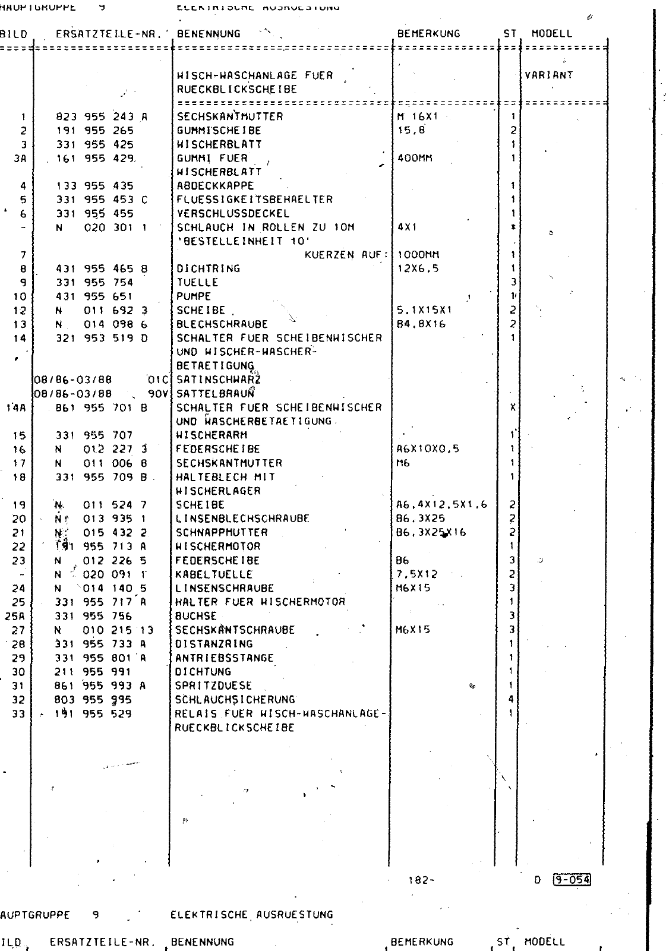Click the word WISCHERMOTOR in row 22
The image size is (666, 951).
tap(217, 546)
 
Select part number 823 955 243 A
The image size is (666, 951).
tap(101, 117)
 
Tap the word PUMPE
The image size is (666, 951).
tap(194, 296)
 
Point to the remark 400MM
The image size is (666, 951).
tap(415, 159)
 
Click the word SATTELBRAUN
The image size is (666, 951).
tap(216, 393)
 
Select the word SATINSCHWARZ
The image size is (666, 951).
tap(219, 380)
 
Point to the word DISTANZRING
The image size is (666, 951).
tap(214, 644)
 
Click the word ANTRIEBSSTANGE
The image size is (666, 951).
tap(225, 658)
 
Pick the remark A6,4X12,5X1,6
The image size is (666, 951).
tap(441, 505)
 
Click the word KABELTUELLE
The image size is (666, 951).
tap(214, 574)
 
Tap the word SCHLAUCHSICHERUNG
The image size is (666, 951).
tap(235, 700)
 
